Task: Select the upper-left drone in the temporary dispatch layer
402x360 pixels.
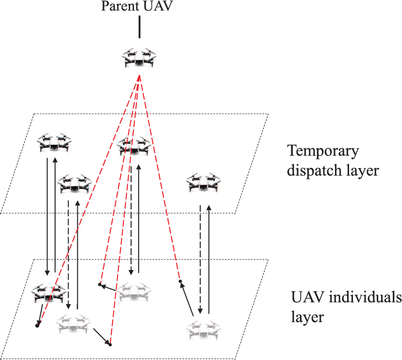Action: (x=54, y=144)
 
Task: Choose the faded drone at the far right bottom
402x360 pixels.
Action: (x=203, y=329)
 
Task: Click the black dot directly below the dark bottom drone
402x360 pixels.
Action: (x=37, y=326)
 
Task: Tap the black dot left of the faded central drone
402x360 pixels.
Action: (x=99, y=284)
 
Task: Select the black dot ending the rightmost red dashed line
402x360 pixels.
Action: (x=180, y=281)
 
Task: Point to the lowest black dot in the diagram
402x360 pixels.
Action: (x=110, y=345)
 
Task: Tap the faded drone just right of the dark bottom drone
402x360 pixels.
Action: (x=74, y=323)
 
